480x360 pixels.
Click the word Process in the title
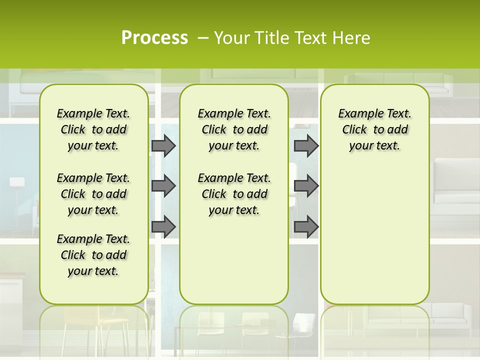tap(154, 37)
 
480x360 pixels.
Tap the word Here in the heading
tap(352, 37)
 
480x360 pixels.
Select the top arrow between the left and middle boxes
tap(163, 145)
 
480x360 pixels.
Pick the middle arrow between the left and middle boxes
tap(163, 186)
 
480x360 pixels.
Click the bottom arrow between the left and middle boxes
tap(163, 227)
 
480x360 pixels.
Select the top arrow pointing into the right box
tap(306, 145)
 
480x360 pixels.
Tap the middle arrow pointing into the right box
tap(306, 186)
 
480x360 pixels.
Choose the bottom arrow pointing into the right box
tap(306, 227)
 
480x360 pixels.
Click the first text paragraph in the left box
tap(93, 129)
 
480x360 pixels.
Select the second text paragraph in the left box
tap(93, 194)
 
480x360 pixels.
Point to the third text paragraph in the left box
tap(93, 255)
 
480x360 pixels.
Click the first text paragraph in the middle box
tap(234, 129)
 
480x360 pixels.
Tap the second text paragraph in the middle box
tap(234, 194)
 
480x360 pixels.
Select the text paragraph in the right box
tap(374, 129)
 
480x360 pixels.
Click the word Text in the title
tap(309, 37)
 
